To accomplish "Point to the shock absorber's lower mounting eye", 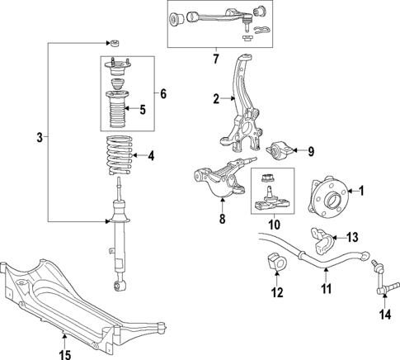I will (x=120, y=285).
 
